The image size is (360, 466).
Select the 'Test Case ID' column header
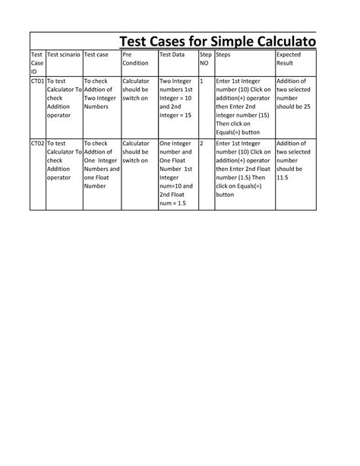point(36,62)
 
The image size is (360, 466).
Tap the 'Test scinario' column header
point(63,55)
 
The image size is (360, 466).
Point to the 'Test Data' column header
point(172,55)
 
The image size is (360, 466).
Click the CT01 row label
point(37,80)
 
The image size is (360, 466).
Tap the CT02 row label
point(37,142)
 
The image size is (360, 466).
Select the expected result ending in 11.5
point(293,161)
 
